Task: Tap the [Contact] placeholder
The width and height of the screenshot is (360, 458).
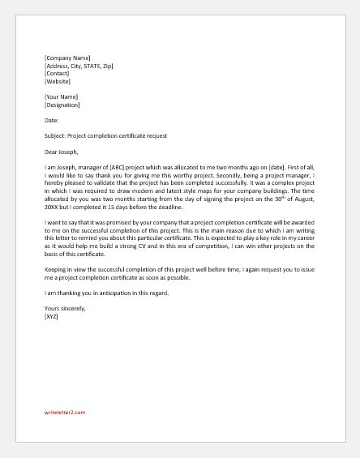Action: pos(58,73)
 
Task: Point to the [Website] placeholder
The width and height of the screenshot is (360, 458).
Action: pos(58,81)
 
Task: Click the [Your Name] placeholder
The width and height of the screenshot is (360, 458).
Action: pos(62,96)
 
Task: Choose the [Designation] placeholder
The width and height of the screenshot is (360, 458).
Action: pos(63,105)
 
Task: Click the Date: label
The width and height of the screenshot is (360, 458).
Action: pos(52,120)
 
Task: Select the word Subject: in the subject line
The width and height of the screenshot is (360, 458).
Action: pos(57,135)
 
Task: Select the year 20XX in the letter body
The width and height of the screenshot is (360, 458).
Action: pos(54,206)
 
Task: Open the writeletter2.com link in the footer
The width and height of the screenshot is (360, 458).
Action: pos(65,412)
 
